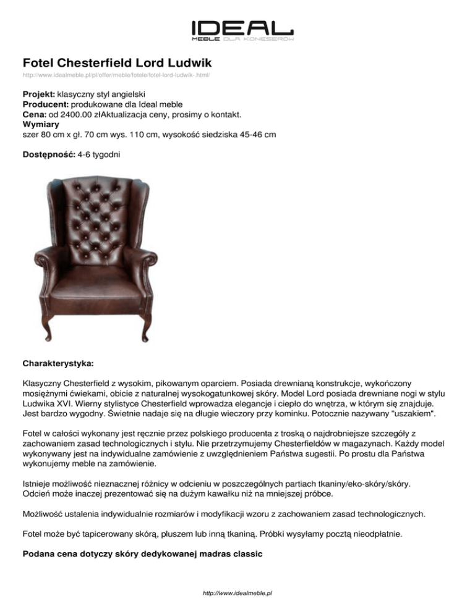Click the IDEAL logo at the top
(x=242, y=29)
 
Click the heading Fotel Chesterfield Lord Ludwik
(x=118, y=63)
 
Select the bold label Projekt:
(x=38, y=95)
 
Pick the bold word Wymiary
(x=40, y=125)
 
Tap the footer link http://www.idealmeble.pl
(x=237, y=593)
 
